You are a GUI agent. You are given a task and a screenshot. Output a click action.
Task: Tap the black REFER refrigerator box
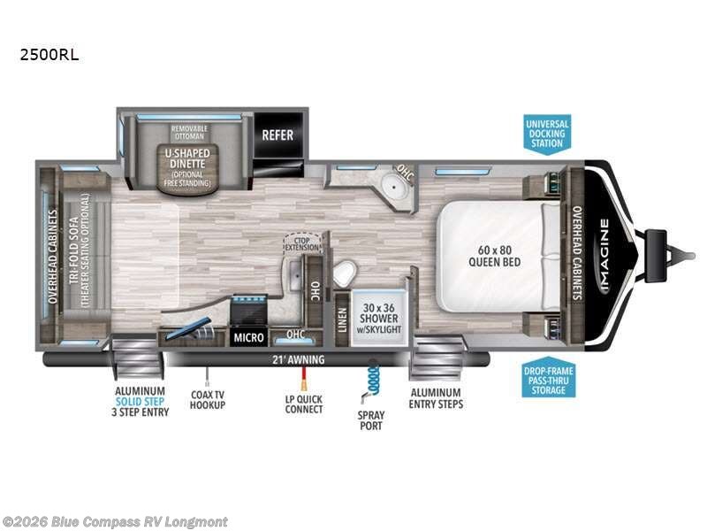click(x=277, y=135)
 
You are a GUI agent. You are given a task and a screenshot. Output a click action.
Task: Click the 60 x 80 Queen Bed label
click(x=494, y=256)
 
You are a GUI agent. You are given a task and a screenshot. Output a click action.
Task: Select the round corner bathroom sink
click(x=383, y=188)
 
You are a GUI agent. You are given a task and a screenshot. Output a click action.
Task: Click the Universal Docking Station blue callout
click(x=547, y=133)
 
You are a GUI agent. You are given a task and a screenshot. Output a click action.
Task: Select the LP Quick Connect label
click(x=302, y=403)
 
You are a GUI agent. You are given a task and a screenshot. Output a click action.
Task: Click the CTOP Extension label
click(x=300, y=242)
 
